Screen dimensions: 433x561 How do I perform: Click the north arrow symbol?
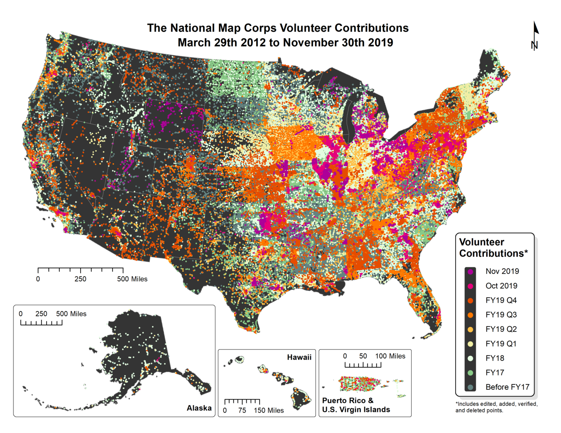coord(535,36)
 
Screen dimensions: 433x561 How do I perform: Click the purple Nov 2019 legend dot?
coord(470,271)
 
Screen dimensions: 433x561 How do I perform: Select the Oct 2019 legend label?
coord(501,286)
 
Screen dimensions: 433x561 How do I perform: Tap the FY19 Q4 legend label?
coord(501,300)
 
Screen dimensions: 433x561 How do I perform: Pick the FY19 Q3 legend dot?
coord(470,315)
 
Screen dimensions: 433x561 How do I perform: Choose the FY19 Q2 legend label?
coord(501,329)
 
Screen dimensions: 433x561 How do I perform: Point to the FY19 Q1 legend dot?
coord(470,344)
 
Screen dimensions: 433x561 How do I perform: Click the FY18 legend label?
coord(495,358)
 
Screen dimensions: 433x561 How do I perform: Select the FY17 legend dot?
coord(470,373)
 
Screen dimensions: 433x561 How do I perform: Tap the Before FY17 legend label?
coord(507,387)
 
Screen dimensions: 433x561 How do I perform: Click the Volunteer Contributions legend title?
coord(493,248)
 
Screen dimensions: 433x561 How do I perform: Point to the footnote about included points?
coord(496,407)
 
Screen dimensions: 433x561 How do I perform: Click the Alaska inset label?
coord(199,408)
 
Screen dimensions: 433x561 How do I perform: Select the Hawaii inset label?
coord(299,357)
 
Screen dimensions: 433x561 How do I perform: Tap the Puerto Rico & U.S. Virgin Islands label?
coord(356,405)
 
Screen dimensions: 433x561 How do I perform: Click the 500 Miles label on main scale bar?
coord(132,279)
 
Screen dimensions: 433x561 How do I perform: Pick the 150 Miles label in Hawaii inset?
coord(269,410)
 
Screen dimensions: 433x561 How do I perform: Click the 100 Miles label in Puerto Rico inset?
coord(390,356)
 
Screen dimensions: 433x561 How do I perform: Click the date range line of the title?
coord(285,43)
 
